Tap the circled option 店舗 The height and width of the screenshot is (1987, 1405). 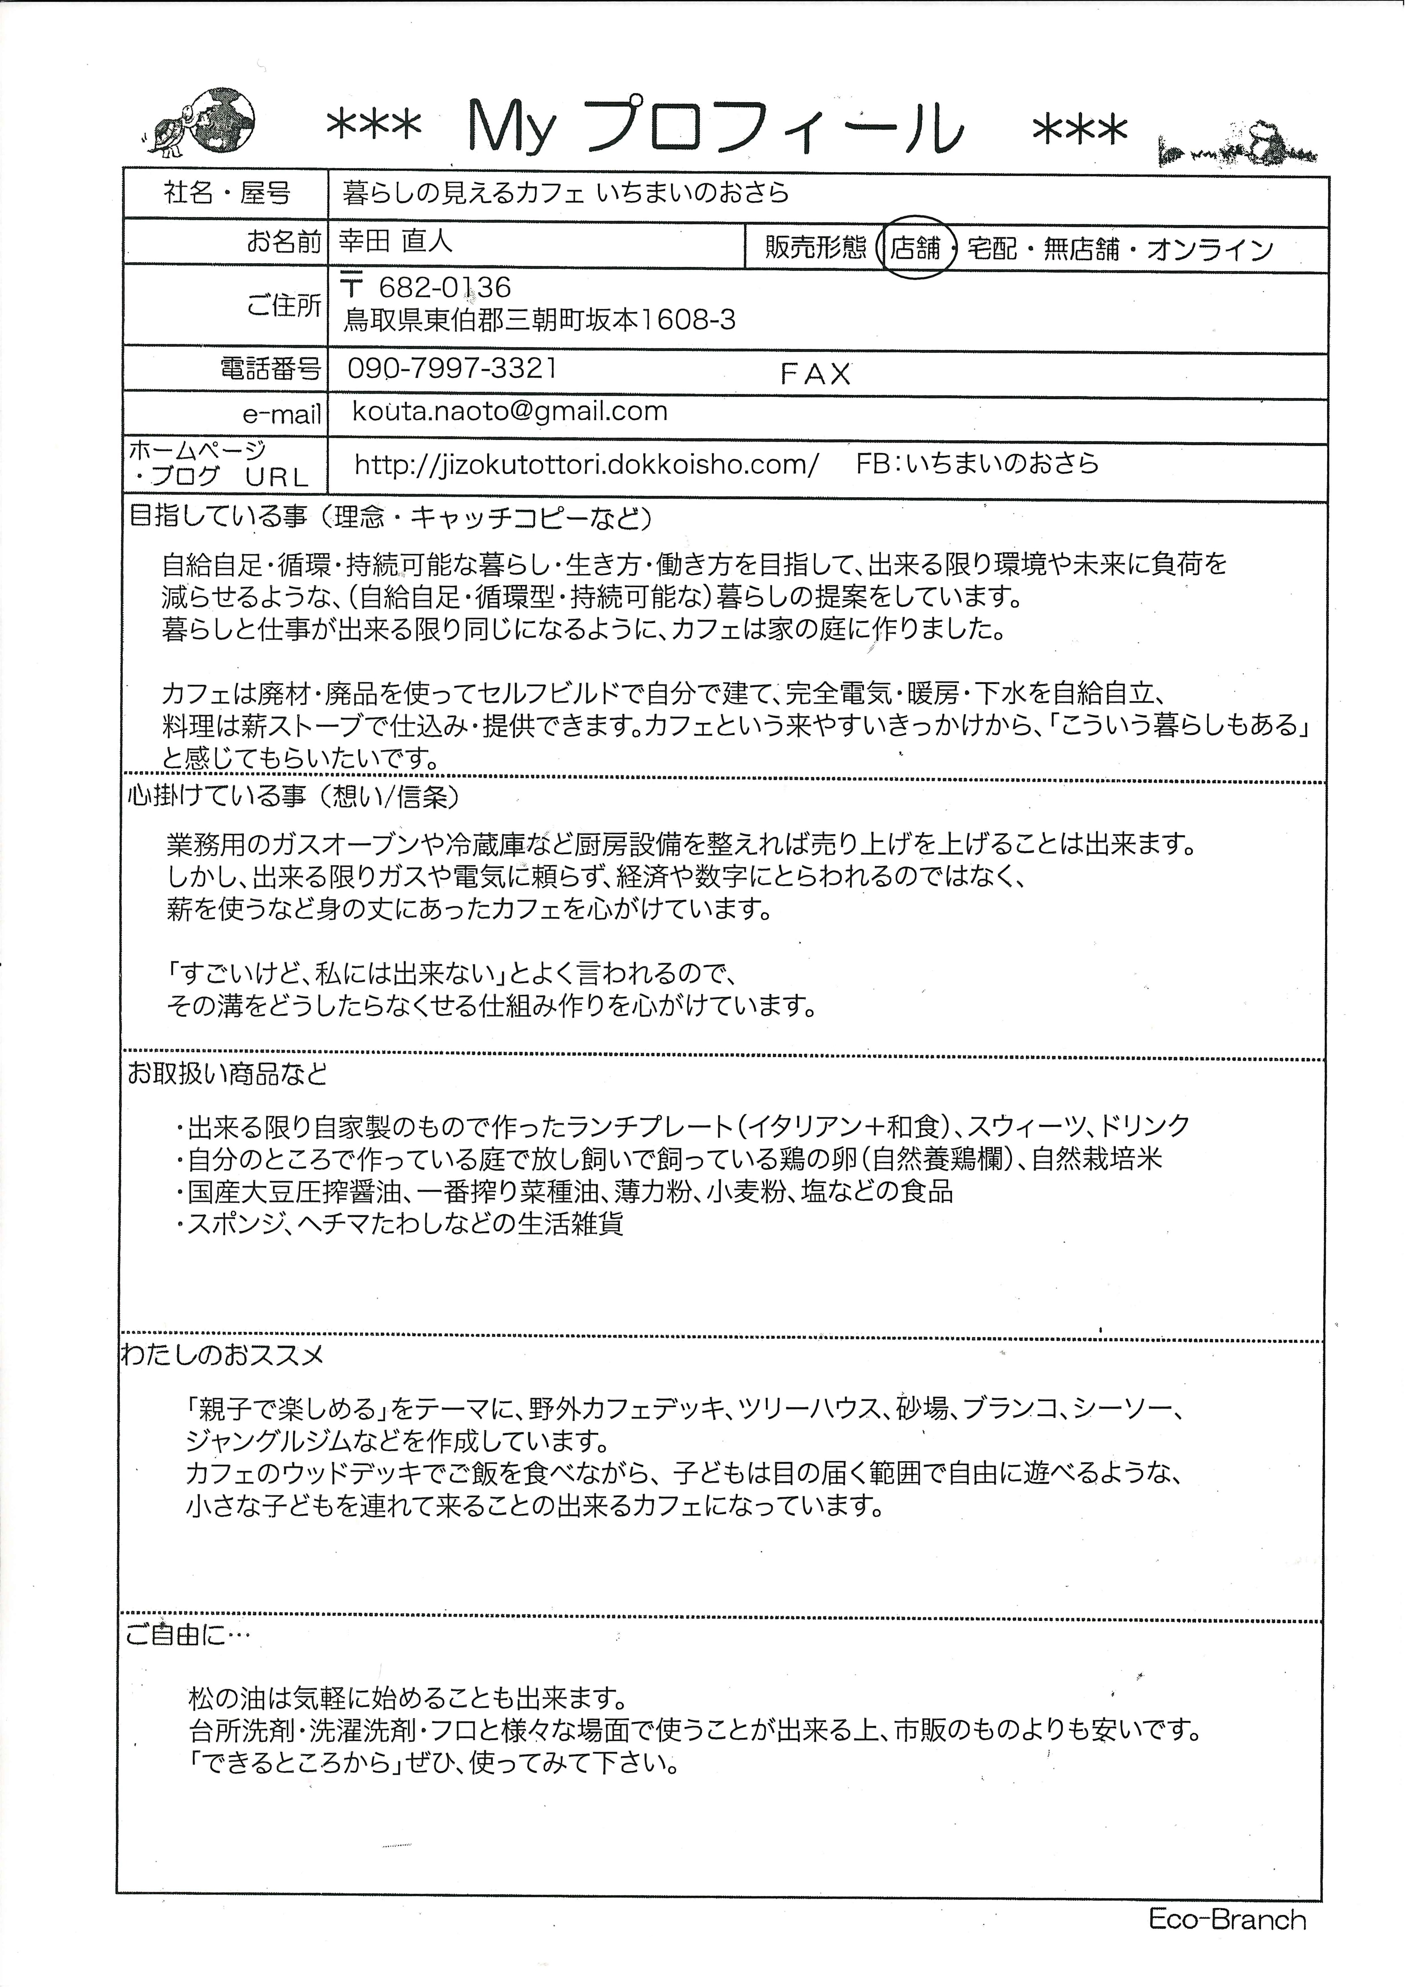[915, 248]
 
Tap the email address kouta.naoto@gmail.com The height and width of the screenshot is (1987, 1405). [510, 411]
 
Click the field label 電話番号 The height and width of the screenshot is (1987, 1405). [271, 370]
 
